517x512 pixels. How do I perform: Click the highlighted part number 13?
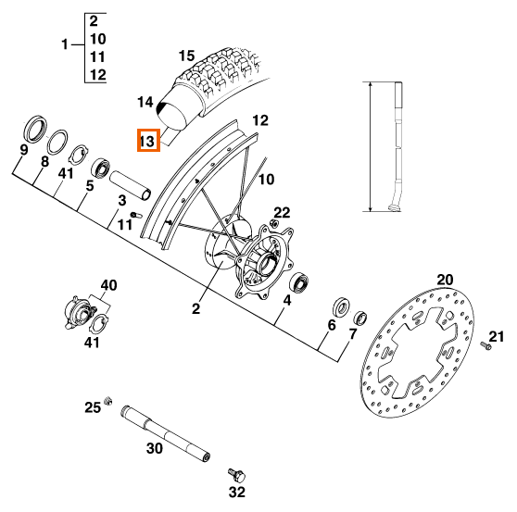pyautogui.click(x=148, y=141)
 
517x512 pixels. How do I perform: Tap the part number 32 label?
pyautogui.click(x=237, y=492)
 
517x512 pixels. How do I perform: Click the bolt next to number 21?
pyautogui.click(x=485, y=345)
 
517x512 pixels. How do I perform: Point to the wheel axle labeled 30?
pyautogui.click(x=166, y=434)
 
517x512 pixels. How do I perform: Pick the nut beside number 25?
pyautogui.click(x=107, y=401)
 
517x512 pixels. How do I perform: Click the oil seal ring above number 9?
pyautogui.click(x=35, y=129)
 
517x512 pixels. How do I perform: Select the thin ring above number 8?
pyautogui.click(x=58, y=142)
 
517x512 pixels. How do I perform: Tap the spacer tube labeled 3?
pyautogui.click(x=131, y=185)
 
